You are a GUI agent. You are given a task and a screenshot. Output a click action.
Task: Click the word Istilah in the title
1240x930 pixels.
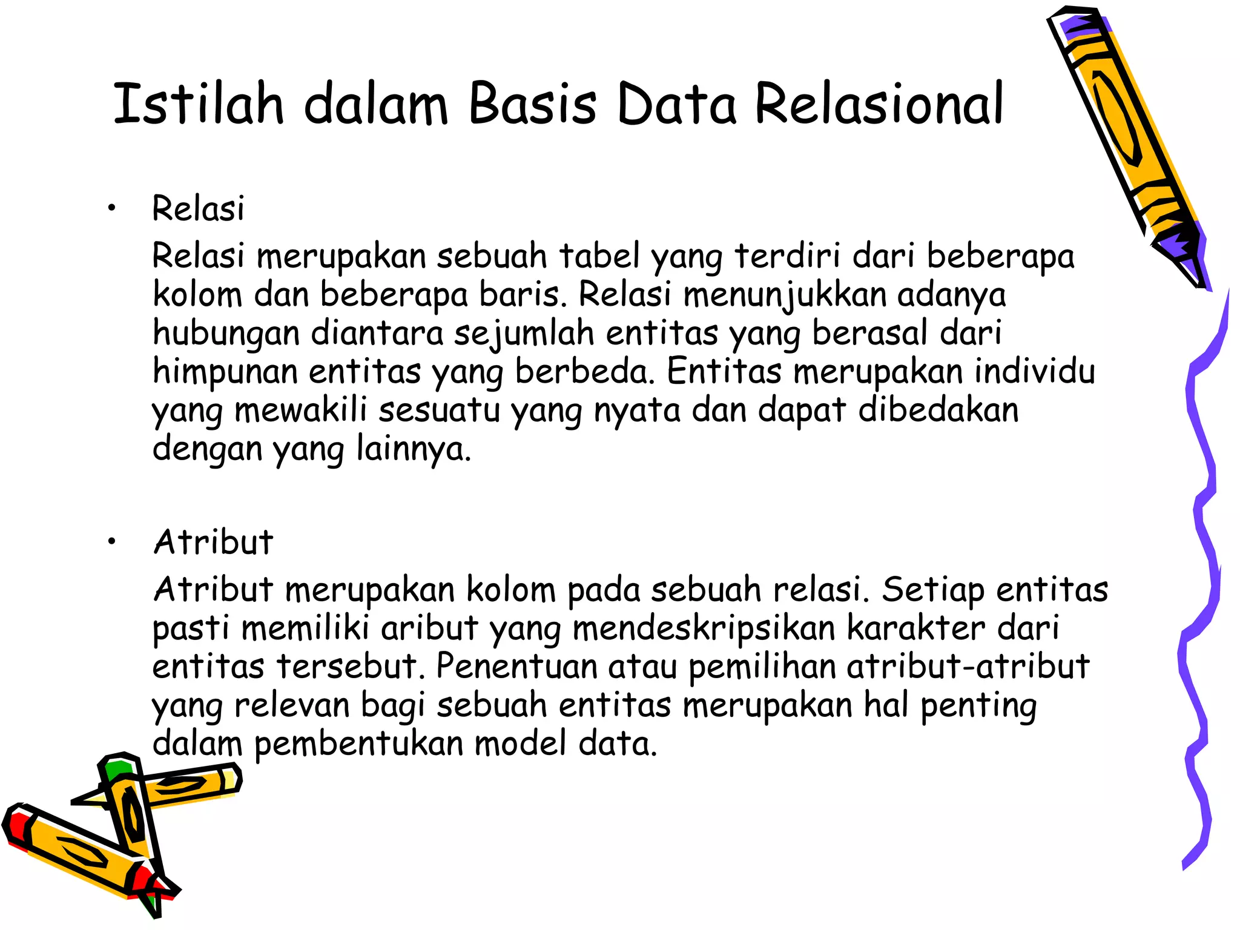198,104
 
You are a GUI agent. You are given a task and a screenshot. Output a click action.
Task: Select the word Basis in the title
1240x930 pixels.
532,104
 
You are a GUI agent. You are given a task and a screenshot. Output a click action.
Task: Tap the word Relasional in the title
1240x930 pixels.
879,104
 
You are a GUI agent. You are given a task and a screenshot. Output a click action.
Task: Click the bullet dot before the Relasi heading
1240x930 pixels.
111,209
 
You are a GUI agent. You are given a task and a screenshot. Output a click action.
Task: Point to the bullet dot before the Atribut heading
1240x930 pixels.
111,542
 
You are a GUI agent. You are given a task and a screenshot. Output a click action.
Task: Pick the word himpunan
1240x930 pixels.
225,372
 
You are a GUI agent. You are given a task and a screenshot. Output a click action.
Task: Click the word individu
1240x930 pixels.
1034,372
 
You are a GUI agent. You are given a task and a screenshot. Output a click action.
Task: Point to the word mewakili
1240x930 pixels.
300,411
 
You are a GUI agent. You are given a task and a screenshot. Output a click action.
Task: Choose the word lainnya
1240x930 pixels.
413,449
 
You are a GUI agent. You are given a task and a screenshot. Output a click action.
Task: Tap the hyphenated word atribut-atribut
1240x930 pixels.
968,667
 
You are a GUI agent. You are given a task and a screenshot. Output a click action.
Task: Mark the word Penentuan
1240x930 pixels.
516,667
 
